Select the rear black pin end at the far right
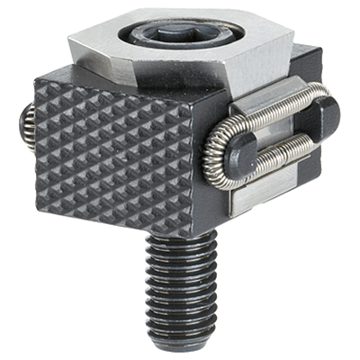click(326, 115)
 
